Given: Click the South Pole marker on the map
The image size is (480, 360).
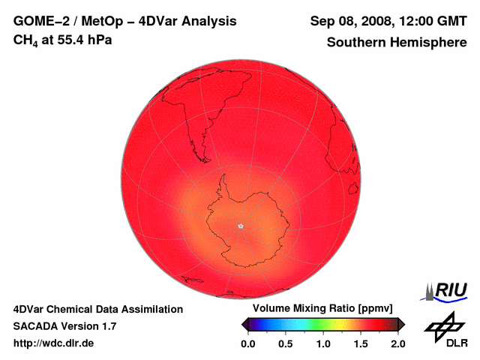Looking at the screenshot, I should coord(240,225).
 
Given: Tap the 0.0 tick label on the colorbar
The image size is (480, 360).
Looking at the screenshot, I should coord(247,343).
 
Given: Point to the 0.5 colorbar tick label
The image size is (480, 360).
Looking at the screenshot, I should coord(285,343).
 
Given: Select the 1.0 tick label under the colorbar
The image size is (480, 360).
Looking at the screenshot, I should coord(323,343).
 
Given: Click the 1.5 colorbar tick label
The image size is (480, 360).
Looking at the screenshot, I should coord(361,343).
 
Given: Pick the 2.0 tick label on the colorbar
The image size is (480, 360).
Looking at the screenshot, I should coord(398,343).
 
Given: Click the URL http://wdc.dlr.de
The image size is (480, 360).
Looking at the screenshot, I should coord(54,343).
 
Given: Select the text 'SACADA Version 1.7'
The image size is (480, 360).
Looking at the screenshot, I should coord(64,326).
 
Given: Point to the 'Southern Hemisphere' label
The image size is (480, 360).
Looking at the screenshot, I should coord(396,43).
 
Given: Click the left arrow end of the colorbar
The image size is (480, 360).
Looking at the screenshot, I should coord(245,324).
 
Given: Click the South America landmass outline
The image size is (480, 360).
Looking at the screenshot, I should coord(187,112).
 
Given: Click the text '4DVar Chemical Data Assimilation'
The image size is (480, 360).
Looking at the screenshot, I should coord(98,309).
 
